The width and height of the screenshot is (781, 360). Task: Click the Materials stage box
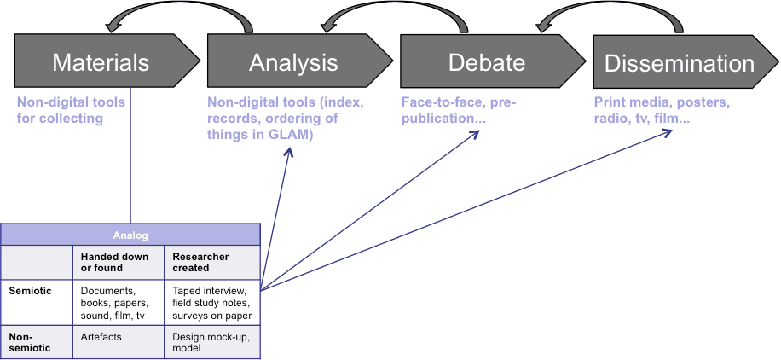[101, 62]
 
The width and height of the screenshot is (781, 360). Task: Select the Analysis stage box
[293, 62]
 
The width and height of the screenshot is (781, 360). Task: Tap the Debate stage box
[487, 62]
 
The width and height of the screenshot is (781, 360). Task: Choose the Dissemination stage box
[679, 62]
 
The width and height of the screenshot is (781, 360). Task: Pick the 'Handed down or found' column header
[118, 262]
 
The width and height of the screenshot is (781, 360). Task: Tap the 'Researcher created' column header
[212, 262]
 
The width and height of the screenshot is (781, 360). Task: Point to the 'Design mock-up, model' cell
[212, 342]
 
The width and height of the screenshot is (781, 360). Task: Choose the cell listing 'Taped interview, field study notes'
[212, 303]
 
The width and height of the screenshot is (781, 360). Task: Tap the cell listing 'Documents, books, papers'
[118, 303]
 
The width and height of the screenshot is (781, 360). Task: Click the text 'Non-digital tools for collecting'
[71, 111]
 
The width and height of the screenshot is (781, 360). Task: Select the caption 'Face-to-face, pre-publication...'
[459, 111]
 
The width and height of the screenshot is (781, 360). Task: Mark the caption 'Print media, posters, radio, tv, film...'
[662, 111]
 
